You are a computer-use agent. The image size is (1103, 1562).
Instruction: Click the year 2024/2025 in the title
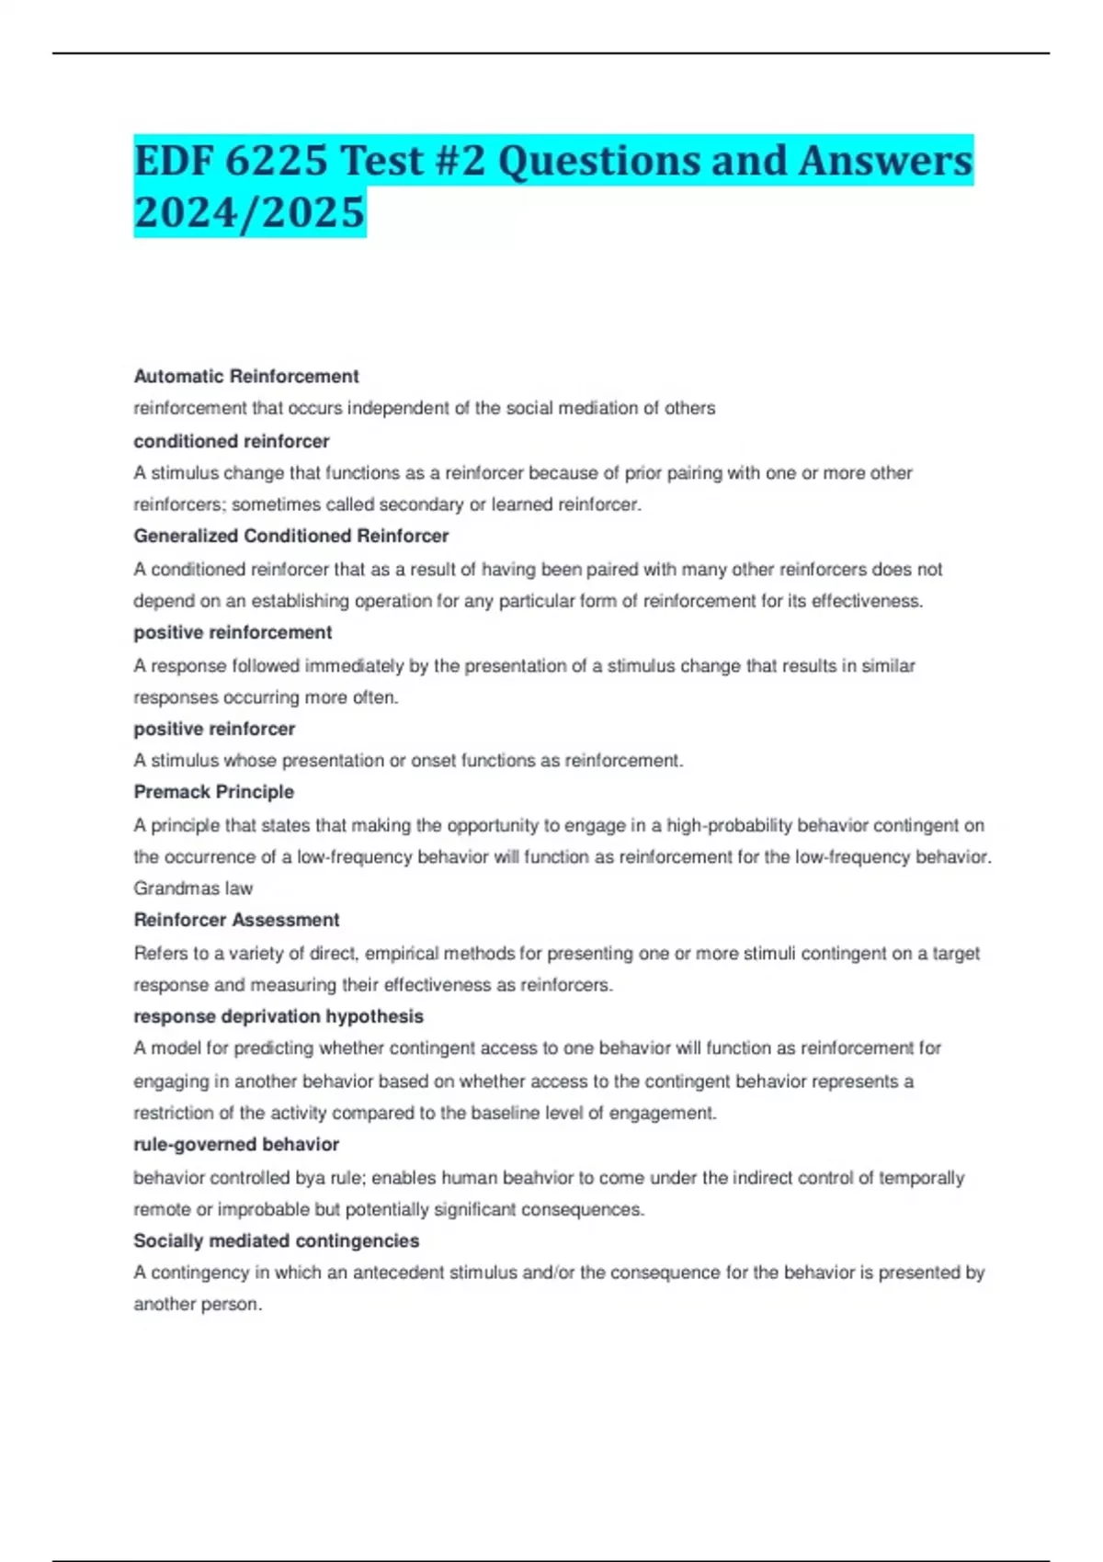tap(249, 212)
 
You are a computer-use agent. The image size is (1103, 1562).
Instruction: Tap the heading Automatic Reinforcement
tap(246, 376)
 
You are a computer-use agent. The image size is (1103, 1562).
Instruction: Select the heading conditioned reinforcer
tap(232, 441)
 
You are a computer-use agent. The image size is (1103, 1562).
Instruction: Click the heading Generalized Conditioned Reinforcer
tap(291, 536)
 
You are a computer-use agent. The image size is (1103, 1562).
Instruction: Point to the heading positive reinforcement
tap(233, 632)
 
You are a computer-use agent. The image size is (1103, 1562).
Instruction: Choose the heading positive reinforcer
tap(214, 729)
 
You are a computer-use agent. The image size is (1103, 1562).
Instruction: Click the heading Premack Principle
tap(214, 792)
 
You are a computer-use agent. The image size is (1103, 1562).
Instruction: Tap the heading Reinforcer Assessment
tap(236, 920)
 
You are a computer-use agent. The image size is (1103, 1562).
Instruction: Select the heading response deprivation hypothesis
tap(279, 1016)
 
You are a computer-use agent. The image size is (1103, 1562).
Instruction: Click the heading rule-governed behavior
tap(236, 1144)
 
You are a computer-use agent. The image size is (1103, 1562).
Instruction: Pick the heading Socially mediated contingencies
tap(277, 1240)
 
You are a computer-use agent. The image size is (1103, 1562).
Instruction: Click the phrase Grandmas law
tap(193, 889)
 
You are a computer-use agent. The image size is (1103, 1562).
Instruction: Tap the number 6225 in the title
tap(276, 161)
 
